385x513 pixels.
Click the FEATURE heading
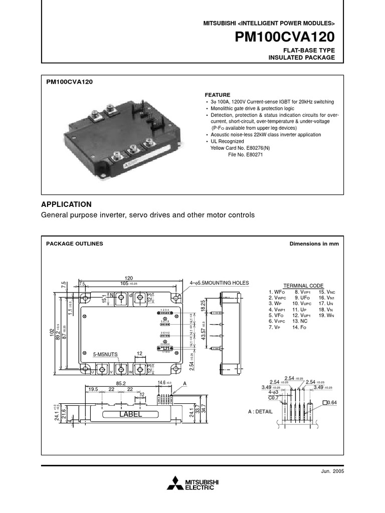click(x=218, y=95)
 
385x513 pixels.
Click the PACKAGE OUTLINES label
click(x=75, y=243)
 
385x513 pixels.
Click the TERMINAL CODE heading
click(x=303, y=286)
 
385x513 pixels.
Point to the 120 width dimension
click(x=129, y=278)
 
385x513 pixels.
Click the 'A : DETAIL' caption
click(x=260, y=411)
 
